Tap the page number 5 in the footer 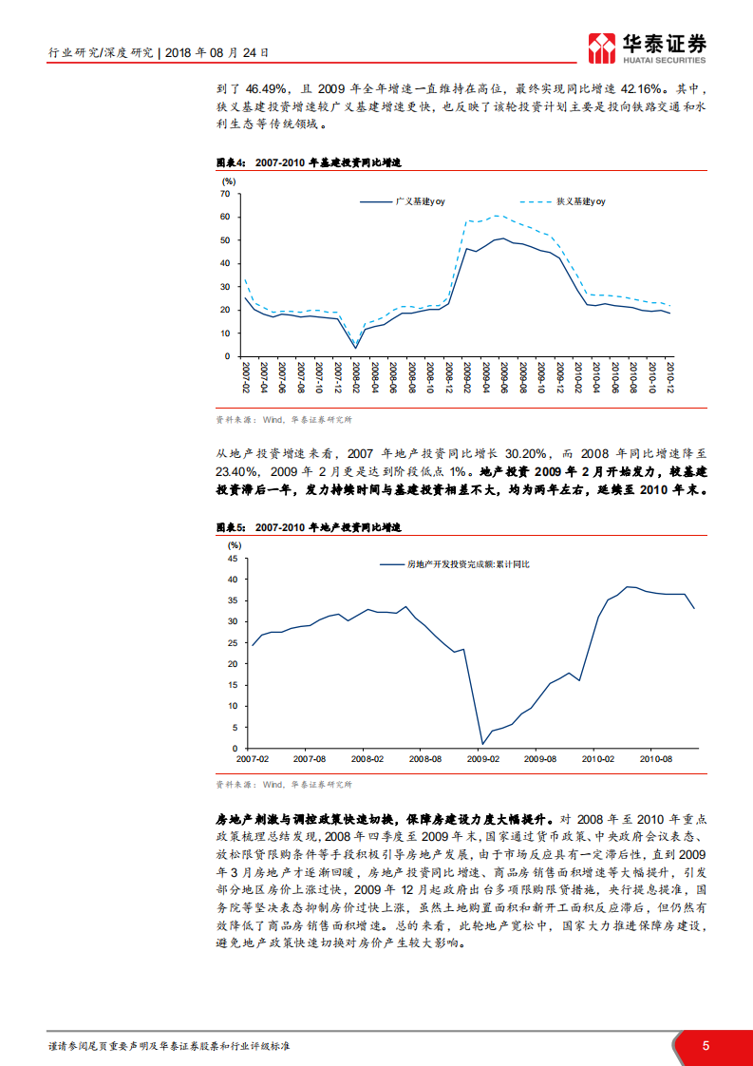(705, 1045)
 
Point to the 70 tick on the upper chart (226, 194)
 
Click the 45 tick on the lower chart (233, 559)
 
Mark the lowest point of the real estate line (482, 744)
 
